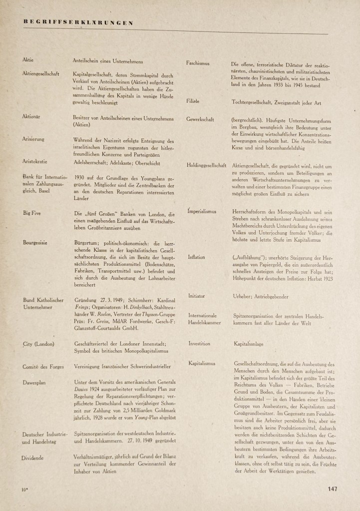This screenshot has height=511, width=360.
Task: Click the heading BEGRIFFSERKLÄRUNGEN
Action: click(78, 22)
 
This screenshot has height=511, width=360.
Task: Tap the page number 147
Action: click(334, 489)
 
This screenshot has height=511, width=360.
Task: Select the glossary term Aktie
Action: click(28, 60)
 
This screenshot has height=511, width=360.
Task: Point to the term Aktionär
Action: click(31, 116)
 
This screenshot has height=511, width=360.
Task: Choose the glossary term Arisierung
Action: click(33, 139)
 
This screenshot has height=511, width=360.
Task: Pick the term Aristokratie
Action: click(35, 162)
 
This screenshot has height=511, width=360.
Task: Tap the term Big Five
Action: click(32, 212)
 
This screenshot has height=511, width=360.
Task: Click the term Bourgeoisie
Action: click(35, 242)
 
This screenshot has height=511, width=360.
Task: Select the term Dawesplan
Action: click(34, 383)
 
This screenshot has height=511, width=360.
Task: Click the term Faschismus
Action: click(198, 63)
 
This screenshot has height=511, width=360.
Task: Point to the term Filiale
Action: click(193, 101)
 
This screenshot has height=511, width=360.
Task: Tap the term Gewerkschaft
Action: click(200, 120)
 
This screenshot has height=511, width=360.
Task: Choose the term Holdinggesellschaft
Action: click(207, 165)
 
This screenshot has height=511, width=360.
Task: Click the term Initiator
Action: click(196, 296)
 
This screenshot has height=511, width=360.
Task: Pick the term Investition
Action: click(199, 344)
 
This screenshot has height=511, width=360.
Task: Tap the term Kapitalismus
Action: click(202, 363)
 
